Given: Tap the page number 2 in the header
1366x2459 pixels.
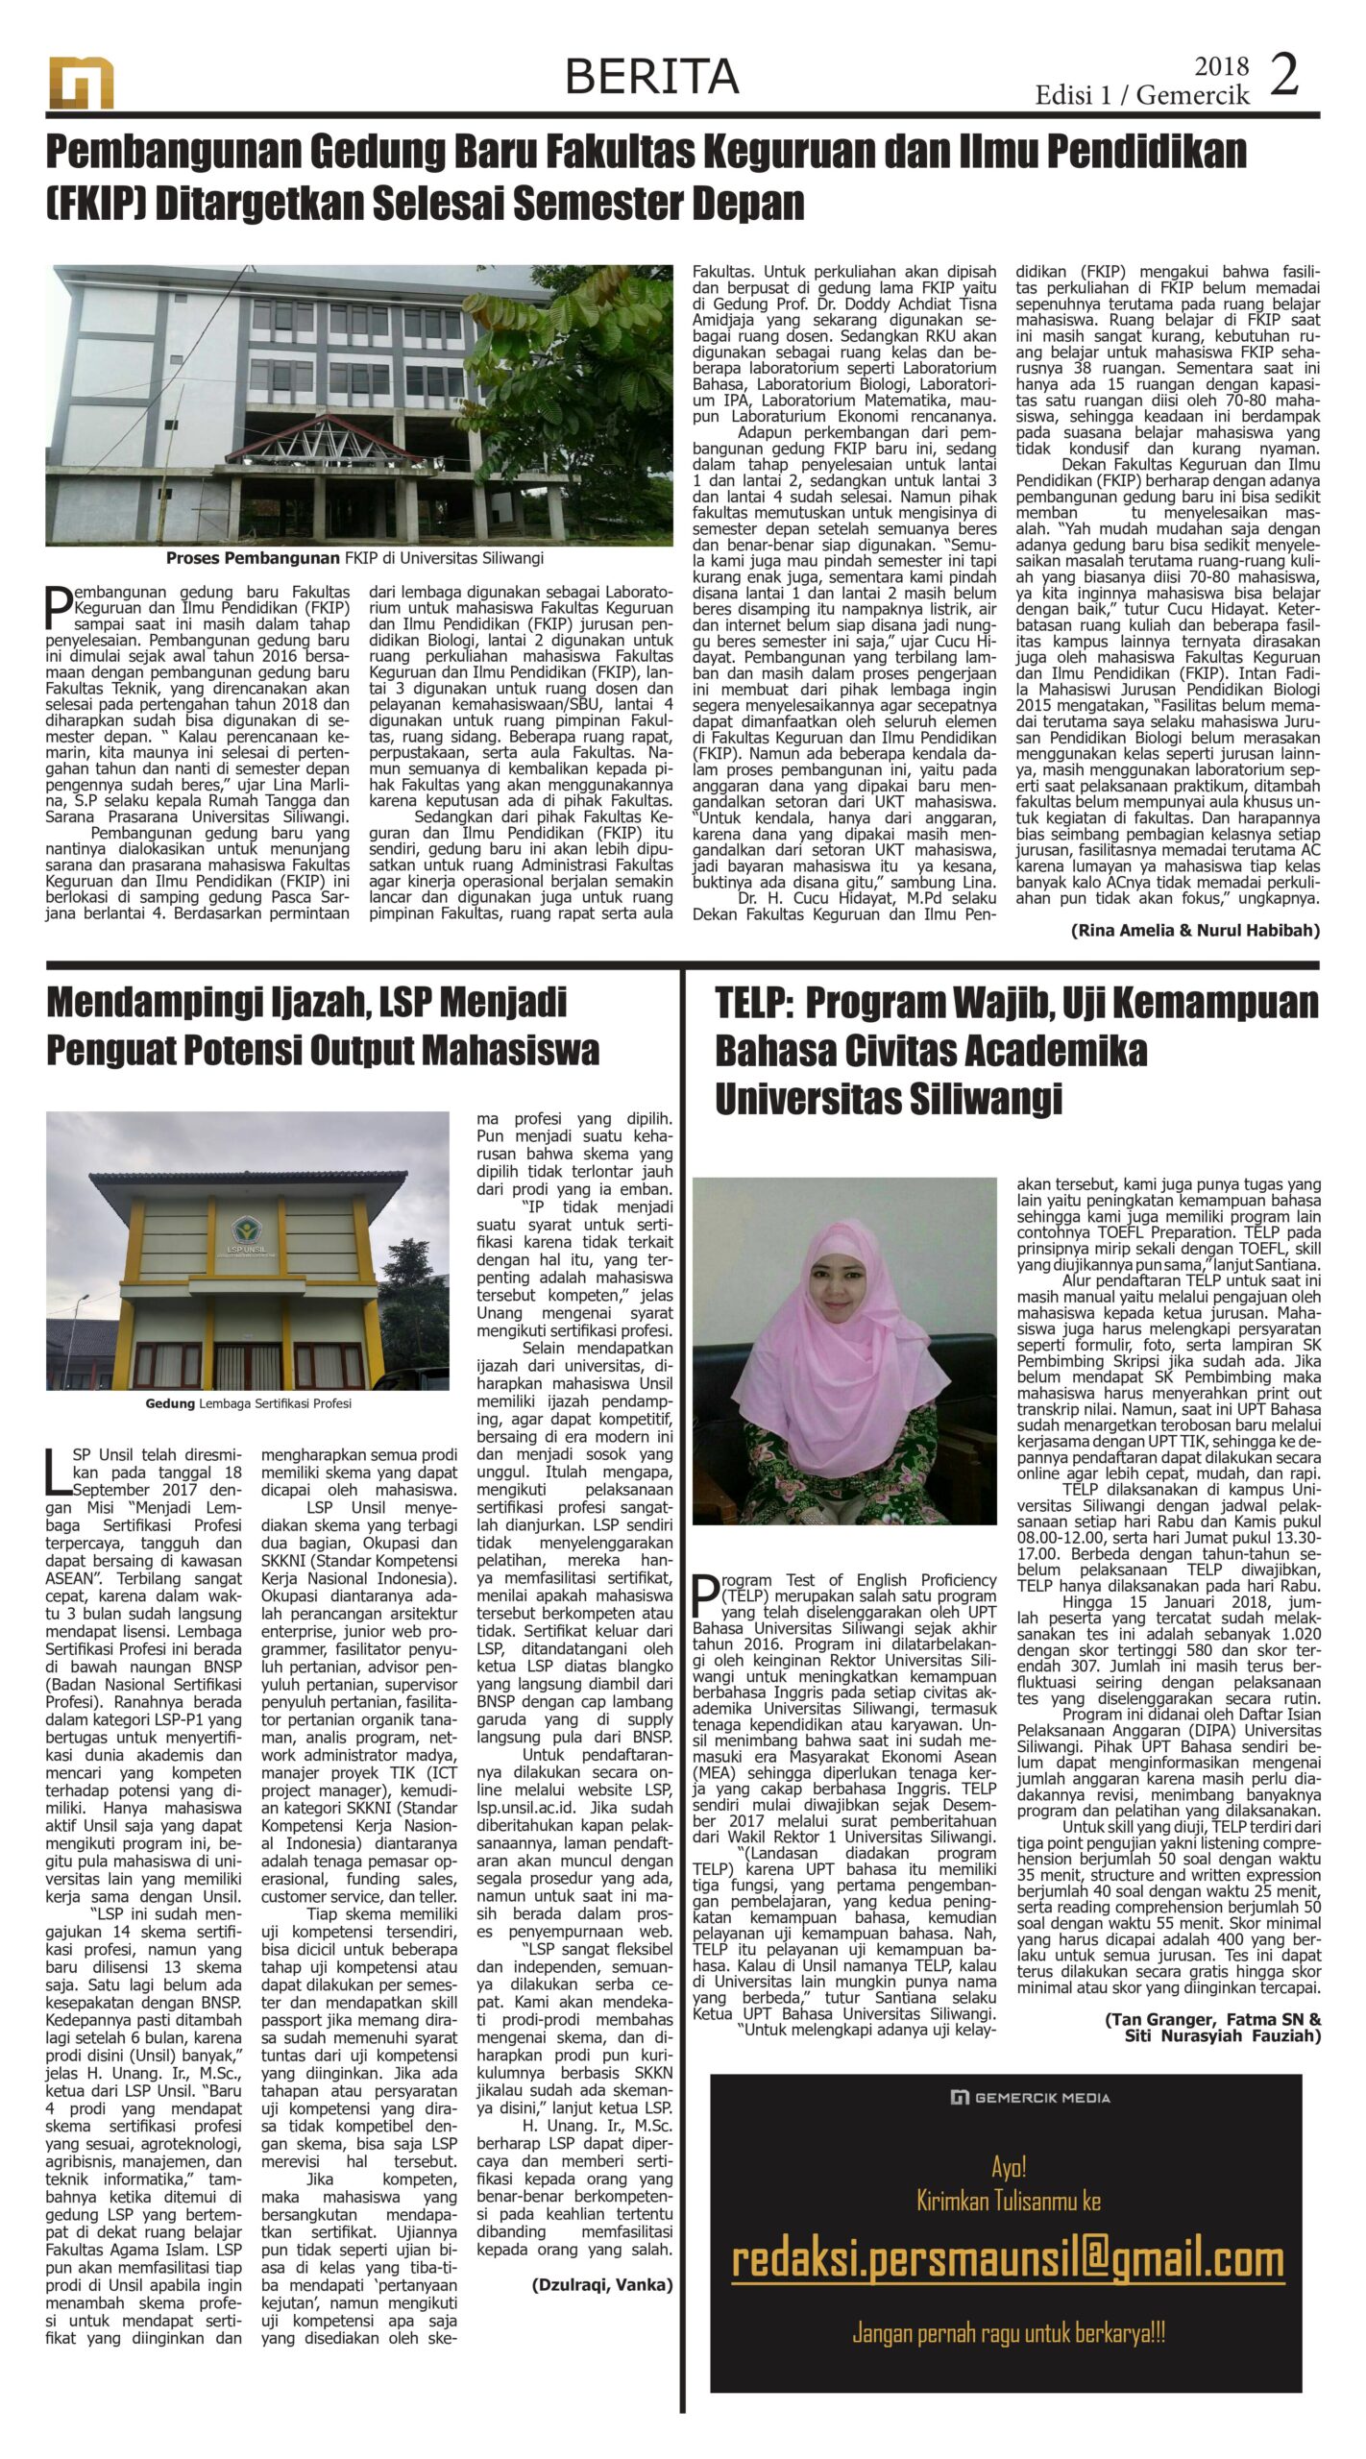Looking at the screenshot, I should coord(1284,75).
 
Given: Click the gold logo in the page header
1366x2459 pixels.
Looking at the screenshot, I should coord(82,83).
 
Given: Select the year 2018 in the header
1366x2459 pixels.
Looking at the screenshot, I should coord(1221,66).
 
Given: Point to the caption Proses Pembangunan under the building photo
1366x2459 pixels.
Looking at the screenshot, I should coord(253,557).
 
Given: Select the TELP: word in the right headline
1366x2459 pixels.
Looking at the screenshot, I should coord(753,1003).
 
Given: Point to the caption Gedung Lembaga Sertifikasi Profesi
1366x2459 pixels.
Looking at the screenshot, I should coord(248,1403).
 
